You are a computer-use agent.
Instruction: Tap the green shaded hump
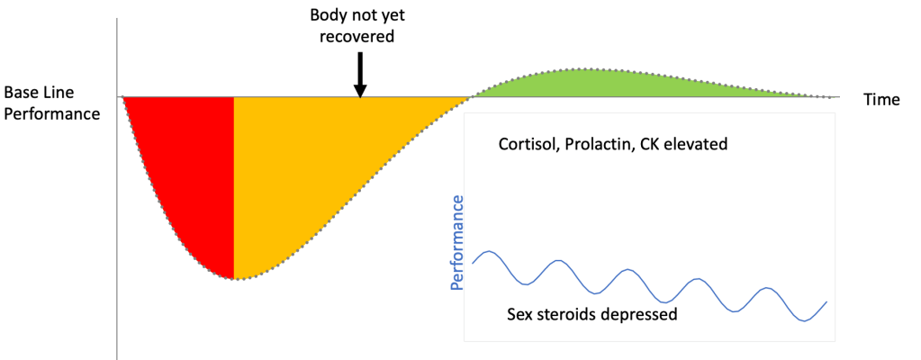click(x=585, y=84)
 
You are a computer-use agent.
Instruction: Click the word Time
click(x=881, y=100)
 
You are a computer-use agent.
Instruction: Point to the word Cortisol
click(x=528, y=144)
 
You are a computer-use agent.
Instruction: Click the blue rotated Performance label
click(x=457, y=242)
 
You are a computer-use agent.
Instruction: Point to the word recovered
click(x=359, y=37)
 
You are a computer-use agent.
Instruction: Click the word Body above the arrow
click(x=327, y=16)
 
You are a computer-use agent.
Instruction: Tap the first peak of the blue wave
click(x=487, y=251)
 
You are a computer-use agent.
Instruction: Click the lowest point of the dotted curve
click(x=236, y=279)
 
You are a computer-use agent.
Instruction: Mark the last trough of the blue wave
click(x=805, y=319)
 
